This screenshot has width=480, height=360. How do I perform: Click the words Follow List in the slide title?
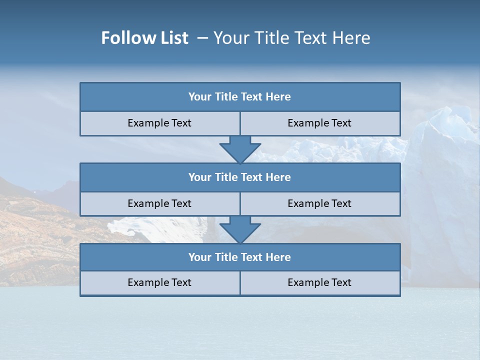point(144,38)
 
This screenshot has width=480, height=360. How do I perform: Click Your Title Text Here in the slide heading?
point(292,38)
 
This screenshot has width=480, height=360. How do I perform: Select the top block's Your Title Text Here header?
point(239,97)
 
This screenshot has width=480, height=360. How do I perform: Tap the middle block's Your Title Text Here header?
point(239,177)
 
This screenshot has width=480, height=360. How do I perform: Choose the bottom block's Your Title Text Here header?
point(239,257)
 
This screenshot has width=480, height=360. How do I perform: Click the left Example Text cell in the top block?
point(159,123)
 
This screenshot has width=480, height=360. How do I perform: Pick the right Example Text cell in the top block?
point(319,123)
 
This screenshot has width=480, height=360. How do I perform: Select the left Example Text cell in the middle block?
point(159,203)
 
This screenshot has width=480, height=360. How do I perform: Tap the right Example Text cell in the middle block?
point(319,203)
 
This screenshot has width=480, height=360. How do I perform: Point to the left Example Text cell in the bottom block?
point(159,282)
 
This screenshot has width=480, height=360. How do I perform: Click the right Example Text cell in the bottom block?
point(319,282)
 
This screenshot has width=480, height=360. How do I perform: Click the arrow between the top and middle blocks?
point(240,149)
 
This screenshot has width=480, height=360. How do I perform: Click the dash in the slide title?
point(202,38)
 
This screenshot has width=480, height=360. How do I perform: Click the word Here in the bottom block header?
point(278,257)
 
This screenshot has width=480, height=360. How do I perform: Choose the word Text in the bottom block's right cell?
point(340,282)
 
